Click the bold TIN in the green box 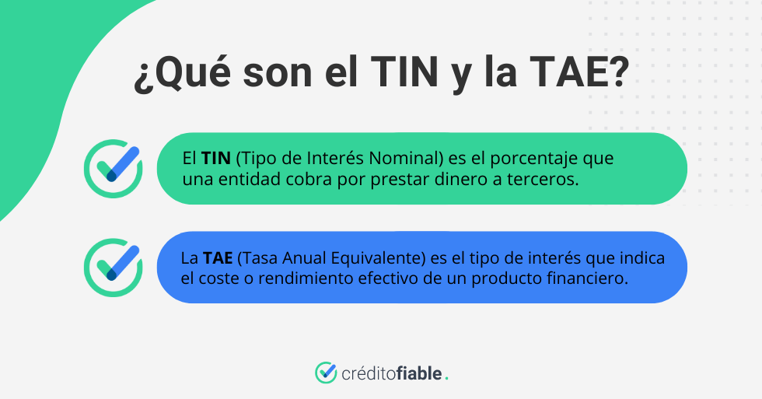(x=216, y=159)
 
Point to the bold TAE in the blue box (x=218, y=257)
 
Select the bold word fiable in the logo (x=420, y=373)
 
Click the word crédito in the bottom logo (x=368, y=373)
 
